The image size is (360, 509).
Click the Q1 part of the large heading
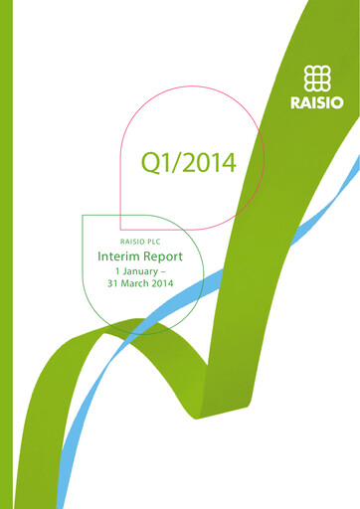coord(158,162)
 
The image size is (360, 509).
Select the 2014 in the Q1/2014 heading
coord(211,162)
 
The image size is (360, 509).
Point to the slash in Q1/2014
coord(179,162)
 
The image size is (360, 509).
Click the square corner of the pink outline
coord(121,228)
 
